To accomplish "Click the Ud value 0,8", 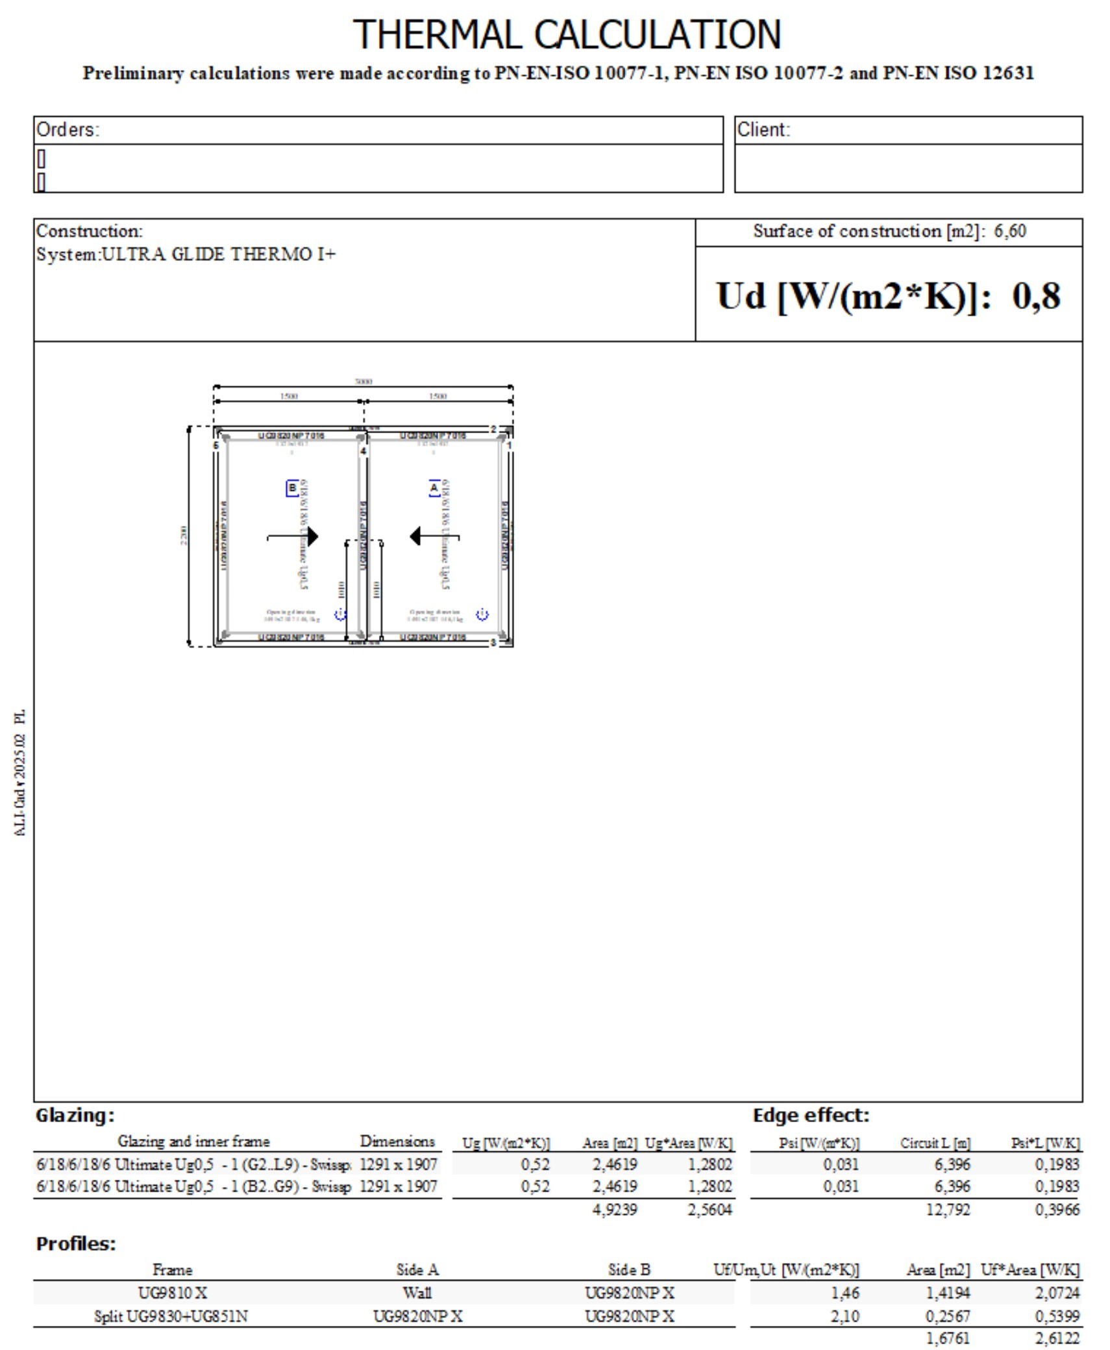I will coord(1035,296).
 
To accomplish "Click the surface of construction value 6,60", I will coord(1009,231).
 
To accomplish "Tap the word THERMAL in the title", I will coord(437,34).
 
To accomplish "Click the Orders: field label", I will coord(68,130).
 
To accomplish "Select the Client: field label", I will coord(763,130).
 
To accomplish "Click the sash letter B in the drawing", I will coord(292,488).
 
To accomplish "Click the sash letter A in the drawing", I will coord(434,488).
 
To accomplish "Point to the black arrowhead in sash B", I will coord(312,536).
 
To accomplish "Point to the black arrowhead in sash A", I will coord(416,536).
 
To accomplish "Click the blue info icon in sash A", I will coord(482,614).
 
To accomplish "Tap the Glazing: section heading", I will coord(75,1116).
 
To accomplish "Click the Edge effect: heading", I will coord(810,1116).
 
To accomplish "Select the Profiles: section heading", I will coord(75,1244).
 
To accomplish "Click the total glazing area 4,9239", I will coord(614,1209).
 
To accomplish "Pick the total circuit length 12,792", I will coord(948,1209).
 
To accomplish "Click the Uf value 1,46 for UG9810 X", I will coord(845,1292).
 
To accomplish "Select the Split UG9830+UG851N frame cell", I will coord(171,1316).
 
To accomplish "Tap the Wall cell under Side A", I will coord(417,1292).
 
